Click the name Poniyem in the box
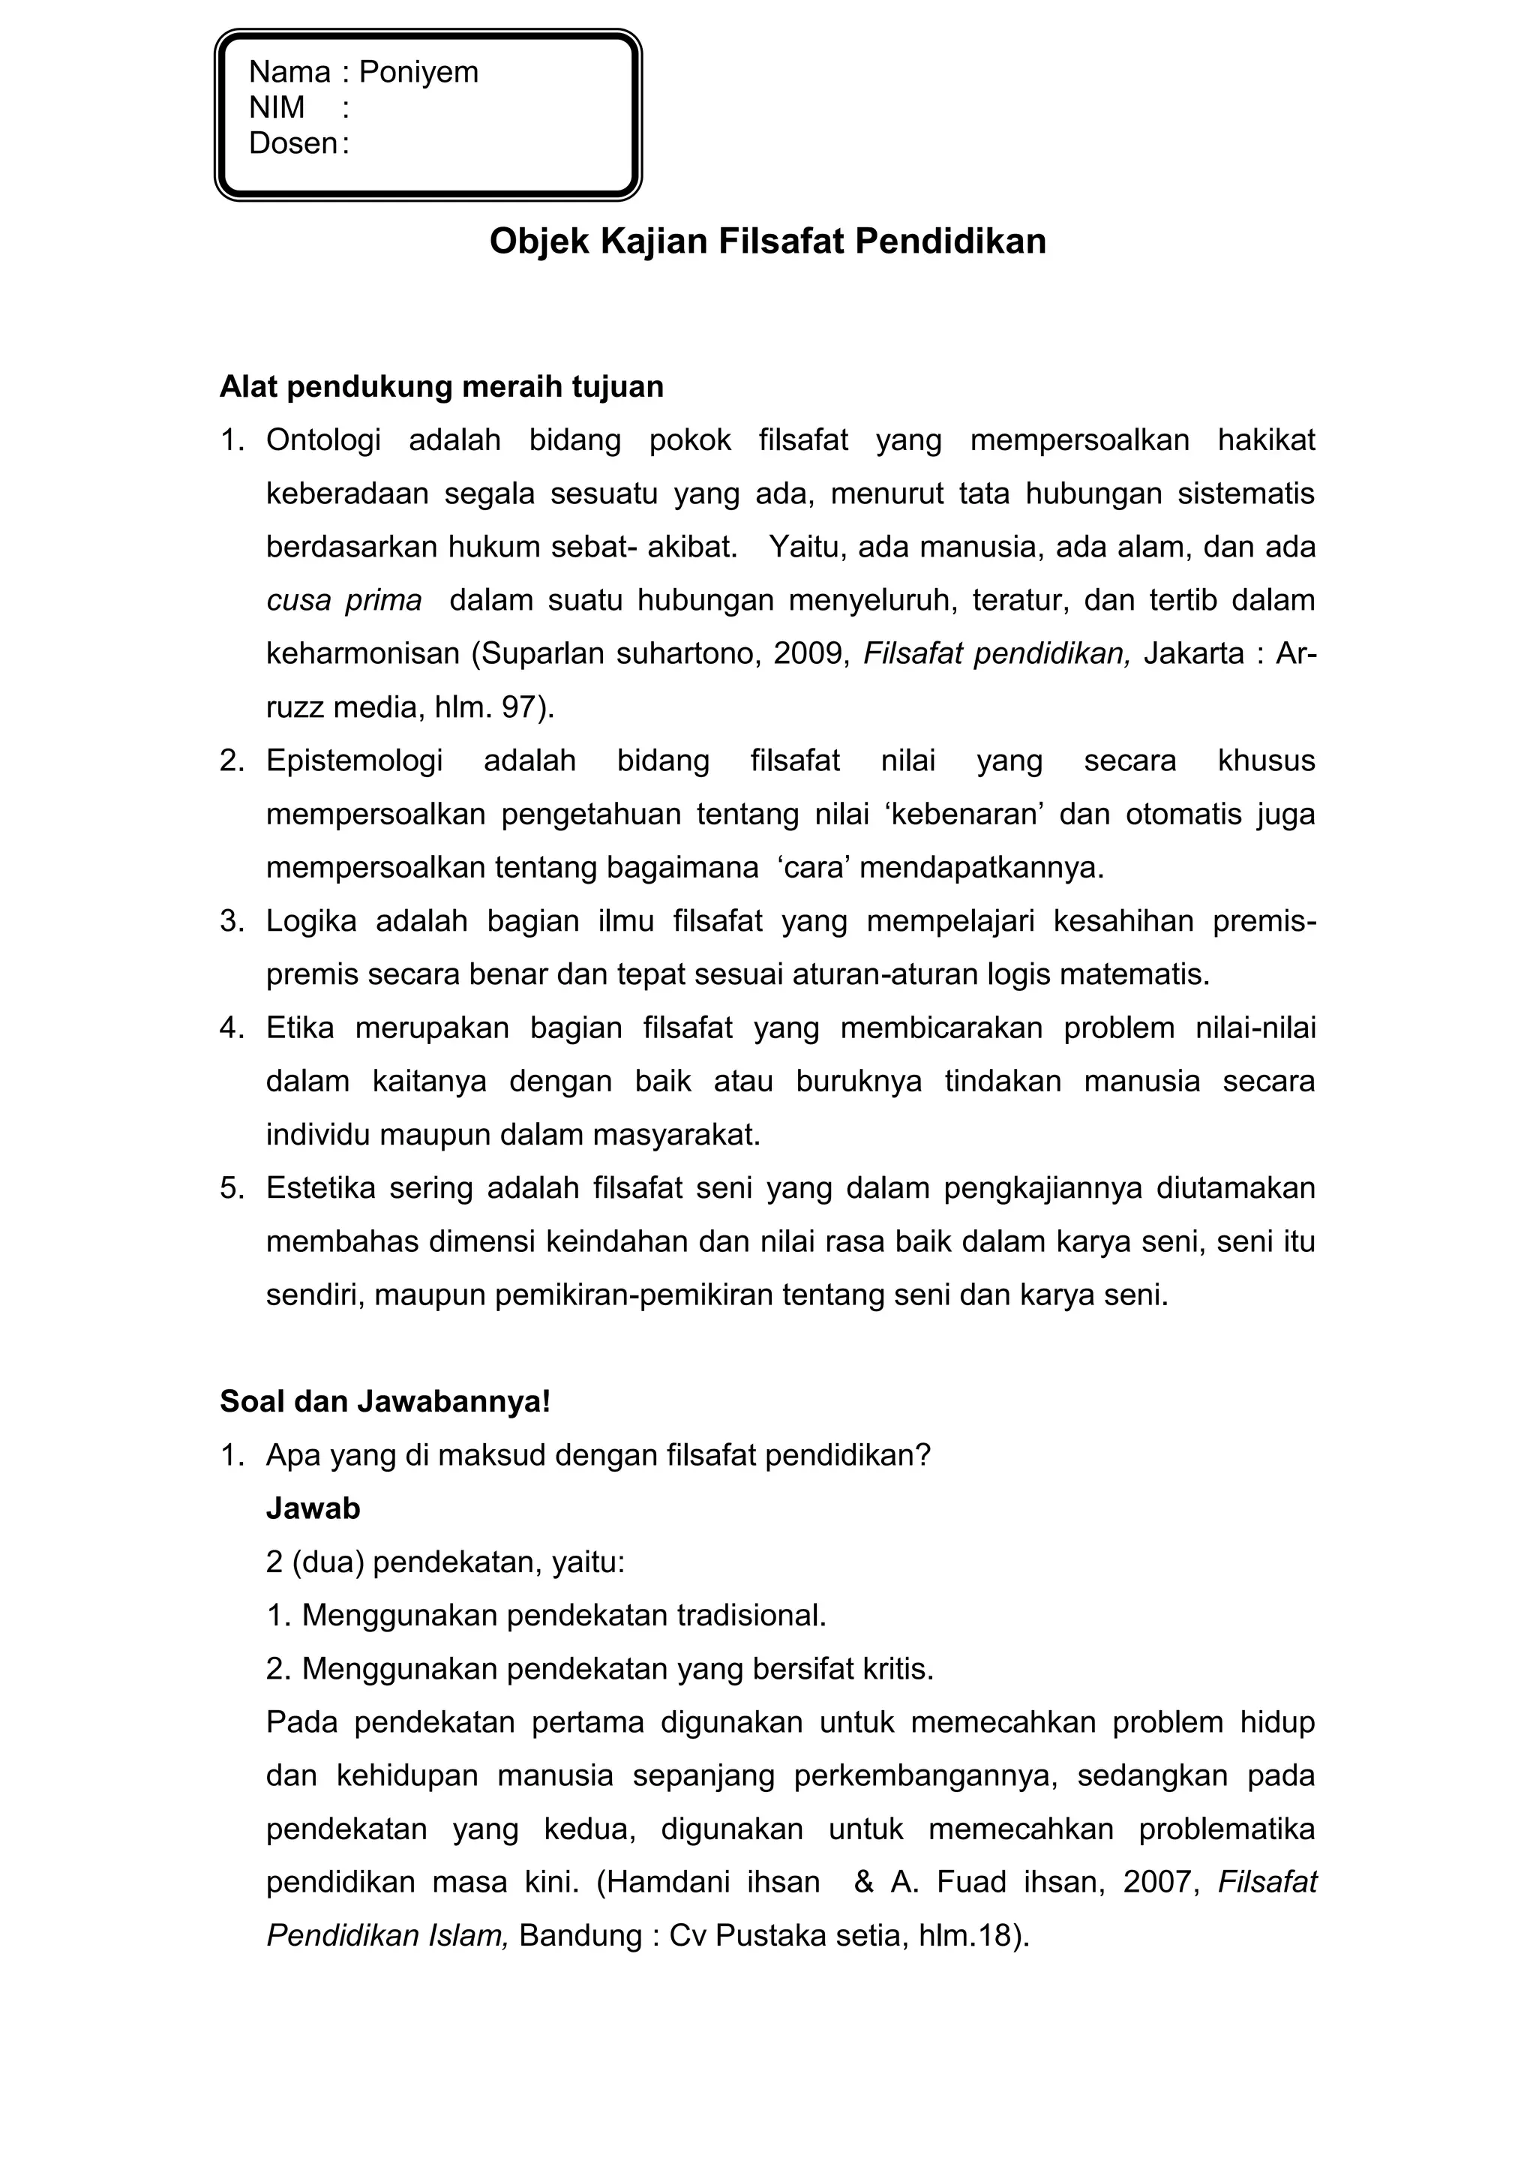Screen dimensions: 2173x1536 coord(418,72)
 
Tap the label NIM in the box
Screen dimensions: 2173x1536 coord(276,108)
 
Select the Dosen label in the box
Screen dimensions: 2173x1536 coord(292,143)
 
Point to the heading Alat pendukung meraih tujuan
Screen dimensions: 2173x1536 coord(441,387)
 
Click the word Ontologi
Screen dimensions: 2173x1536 coord(322,440)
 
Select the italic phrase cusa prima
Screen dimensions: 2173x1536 coord(343,600)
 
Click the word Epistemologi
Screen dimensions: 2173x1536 coord(354,761)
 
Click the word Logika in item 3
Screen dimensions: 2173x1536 coord(310,921)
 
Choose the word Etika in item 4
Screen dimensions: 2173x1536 coord(299,1028)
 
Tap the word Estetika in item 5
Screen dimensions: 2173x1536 coord(321,1188)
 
